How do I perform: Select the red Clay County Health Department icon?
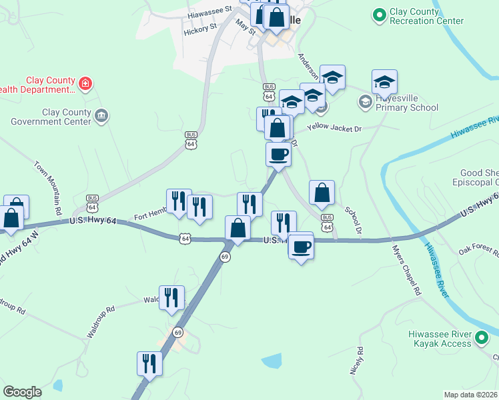[85, 83]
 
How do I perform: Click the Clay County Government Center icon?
[101, 116]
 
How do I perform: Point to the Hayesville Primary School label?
[406, 103]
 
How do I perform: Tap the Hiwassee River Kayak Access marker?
[482, 339]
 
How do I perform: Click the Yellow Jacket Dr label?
[334, 127]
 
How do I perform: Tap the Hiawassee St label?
[209, 11]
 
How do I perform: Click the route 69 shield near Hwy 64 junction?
[226, 257]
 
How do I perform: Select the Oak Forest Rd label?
[479, 251]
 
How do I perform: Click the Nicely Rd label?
[356, 360]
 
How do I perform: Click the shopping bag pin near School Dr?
[322, 193]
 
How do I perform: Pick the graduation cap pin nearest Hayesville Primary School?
[384, 82]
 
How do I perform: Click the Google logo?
[23, 392]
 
